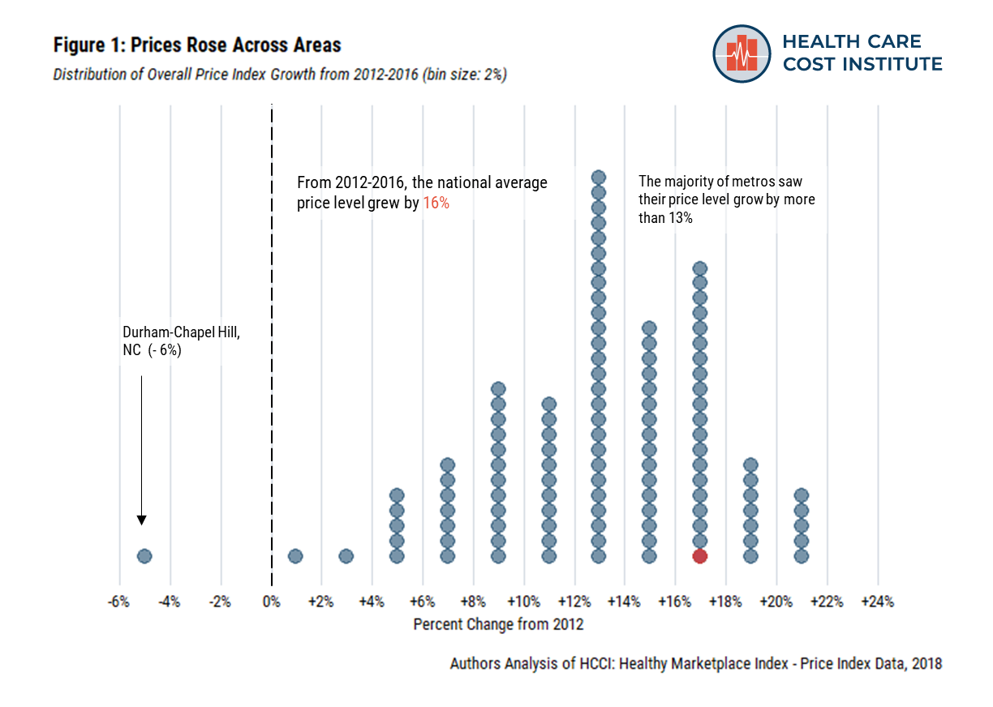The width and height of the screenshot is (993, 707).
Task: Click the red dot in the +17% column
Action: (700, 555)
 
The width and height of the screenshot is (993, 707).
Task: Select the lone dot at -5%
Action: (144, 555)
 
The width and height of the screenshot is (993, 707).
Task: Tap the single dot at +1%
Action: (295, 555)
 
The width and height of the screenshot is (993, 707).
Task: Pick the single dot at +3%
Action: (346, 555)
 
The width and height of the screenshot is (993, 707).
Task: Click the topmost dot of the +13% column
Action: (599, 178)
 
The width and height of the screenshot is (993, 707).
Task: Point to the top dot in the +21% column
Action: (802, 495)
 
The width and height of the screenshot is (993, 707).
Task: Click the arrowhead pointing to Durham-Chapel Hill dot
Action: (142, 520)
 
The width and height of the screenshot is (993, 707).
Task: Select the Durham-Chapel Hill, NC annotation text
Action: (181, 341)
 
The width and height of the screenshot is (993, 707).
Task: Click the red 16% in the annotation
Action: (436, 204)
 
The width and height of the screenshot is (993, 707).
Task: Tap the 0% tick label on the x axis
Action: (271, 602)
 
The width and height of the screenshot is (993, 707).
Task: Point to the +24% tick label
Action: (877, 602)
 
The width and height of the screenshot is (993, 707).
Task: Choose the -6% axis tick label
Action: (119, 602)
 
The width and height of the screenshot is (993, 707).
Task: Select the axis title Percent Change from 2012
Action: (498, 625)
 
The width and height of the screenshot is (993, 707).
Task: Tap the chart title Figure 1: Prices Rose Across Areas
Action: (197, 45)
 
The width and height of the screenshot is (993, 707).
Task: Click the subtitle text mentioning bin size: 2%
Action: (280, 75)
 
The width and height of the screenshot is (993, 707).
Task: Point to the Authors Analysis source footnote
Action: (695, 663)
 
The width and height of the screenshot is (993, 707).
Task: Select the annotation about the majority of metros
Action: (727, 199)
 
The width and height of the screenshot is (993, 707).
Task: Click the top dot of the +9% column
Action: (498, 389)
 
